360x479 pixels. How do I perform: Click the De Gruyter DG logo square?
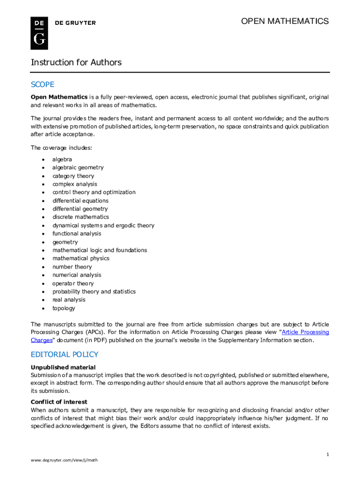click(x=39, y=33)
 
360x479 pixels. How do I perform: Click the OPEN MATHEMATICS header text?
click(x=284, y=22)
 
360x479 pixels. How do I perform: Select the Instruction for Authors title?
click(x=76, y=63)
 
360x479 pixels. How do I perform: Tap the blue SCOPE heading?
click(x=43, y=85)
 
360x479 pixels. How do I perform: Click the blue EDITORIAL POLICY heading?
click(x=65, y=355)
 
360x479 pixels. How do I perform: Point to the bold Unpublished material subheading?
click(x=63, y=367)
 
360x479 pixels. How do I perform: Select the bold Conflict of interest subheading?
click(x=59, y=402)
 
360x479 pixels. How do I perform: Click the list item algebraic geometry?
click(x=78, y=167)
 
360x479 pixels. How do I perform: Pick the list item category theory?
click(x=73, y=176)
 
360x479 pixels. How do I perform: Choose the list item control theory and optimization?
click(x=94, y=192)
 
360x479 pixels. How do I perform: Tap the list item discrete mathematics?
click(x=80, y=217)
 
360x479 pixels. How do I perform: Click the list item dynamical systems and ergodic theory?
click(x=103, y=225)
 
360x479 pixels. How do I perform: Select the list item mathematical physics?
click(x=80, y=258)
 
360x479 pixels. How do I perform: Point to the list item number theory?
click(x=72, y=267)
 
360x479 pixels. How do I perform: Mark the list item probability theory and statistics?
click(x=94, y=291)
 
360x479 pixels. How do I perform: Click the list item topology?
click(x=64, y=308)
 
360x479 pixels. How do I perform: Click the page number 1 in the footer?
click(x=328, y=454)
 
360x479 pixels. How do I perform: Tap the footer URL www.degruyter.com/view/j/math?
click(x=64, y=460)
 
